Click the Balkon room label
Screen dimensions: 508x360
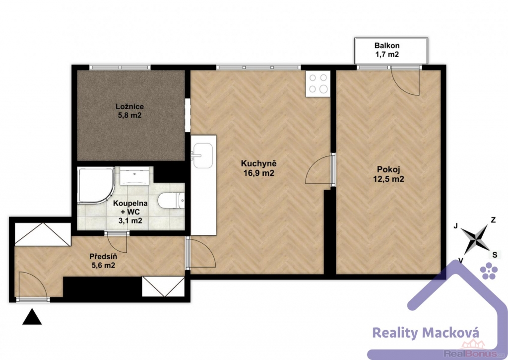click(387, 50)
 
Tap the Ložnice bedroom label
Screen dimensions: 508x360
click(129, 111)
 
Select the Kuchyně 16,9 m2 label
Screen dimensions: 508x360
click(258, 168)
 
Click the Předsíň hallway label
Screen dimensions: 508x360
click(103, 261)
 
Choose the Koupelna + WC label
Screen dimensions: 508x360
click(130, 212)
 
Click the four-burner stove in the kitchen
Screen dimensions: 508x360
click(318, 83)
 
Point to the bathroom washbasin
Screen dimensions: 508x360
click(134, 176)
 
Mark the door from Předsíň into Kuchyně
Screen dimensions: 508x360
click(201, 253)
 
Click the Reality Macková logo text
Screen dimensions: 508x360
click(426, 333)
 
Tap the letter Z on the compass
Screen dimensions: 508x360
click(493, 220)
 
